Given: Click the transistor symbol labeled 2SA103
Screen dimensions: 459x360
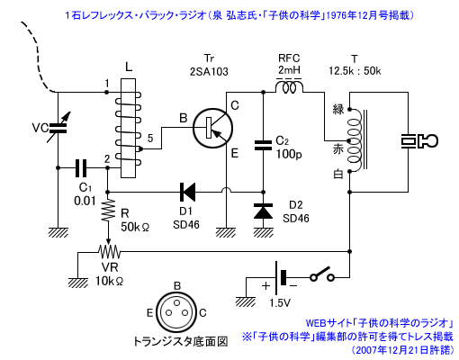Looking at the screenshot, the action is (x=212, y=128).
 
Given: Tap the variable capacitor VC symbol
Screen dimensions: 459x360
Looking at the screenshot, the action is (x=58, y=128).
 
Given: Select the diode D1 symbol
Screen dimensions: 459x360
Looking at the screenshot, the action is (x=187, y=192).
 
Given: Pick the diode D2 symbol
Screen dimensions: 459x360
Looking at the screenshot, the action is (x=263, y=211).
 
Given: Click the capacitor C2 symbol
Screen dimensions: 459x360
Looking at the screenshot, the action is (x=263, y=145).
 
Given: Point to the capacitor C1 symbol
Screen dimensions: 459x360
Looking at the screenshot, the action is (x=80, y=168).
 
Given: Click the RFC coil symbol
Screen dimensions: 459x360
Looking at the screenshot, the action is (x=289, y=86).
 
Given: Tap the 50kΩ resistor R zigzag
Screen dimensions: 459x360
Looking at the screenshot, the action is (x=108, y=210).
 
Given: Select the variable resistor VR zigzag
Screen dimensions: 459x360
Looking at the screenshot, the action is (x=109, y=251).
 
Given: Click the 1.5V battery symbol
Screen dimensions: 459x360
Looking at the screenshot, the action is (x=280, y=277).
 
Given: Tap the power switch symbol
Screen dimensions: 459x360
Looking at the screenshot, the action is (x=322, y=274).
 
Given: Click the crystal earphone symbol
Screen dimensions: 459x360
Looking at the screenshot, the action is (x=419, y=141).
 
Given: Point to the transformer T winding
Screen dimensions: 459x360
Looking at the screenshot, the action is (x=355, y=140).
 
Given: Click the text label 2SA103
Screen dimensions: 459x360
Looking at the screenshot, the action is (x=209, y=72).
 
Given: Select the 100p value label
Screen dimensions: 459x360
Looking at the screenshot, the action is (x=289, y=154).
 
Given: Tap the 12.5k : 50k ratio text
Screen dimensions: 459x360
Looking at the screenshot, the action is (x=355, y=71).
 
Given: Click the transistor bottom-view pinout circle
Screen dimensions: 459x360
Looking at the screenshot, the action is (x=176, y=312).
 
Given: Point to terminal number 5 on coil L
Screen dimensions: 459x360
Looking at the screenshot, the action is (x=150, y=138).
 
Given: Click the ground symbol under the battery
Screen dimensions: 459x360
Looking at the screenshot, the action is (x=246, y=301).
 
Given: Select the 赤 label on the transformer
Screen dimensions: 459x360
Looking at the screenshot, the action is (x=338, y=149).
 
